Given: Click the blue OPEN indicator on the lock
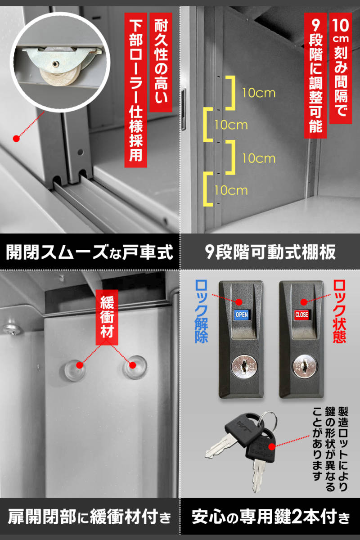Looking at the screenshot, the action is click(x=241, y=315).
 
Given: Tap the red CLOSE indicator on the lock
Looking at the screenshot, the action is click(x=301, y=315).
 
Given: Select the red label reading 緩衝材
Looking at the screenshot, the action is click(x=107, y=317).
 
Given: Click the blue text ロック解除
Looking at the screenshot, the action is click(x=201, y=311).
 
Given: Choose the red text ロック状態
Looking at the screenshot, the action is click(x=339, y=311).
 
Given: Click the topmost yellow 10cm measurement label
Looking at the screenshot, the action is click(x=259, y=93).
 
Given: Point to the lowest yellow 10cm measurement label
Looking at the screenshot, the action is click(x=231, y=190).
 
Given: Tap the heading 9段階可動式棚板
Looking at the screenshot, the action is click(x=270, y=252).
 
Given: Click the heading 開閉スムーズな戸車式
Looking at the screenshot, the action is click(x=90, y=252).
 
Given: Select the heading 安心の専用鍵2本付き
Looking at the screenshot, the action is click(x=270, y=517).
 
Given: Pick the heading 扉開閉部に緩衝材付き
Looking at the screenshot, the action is click(x=90, y=517).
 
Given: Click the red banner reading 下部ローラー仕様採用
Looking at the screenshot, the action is click(x=135, y=90).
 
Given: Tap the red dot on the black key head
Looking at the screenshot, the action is click(x=272, y=447).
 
